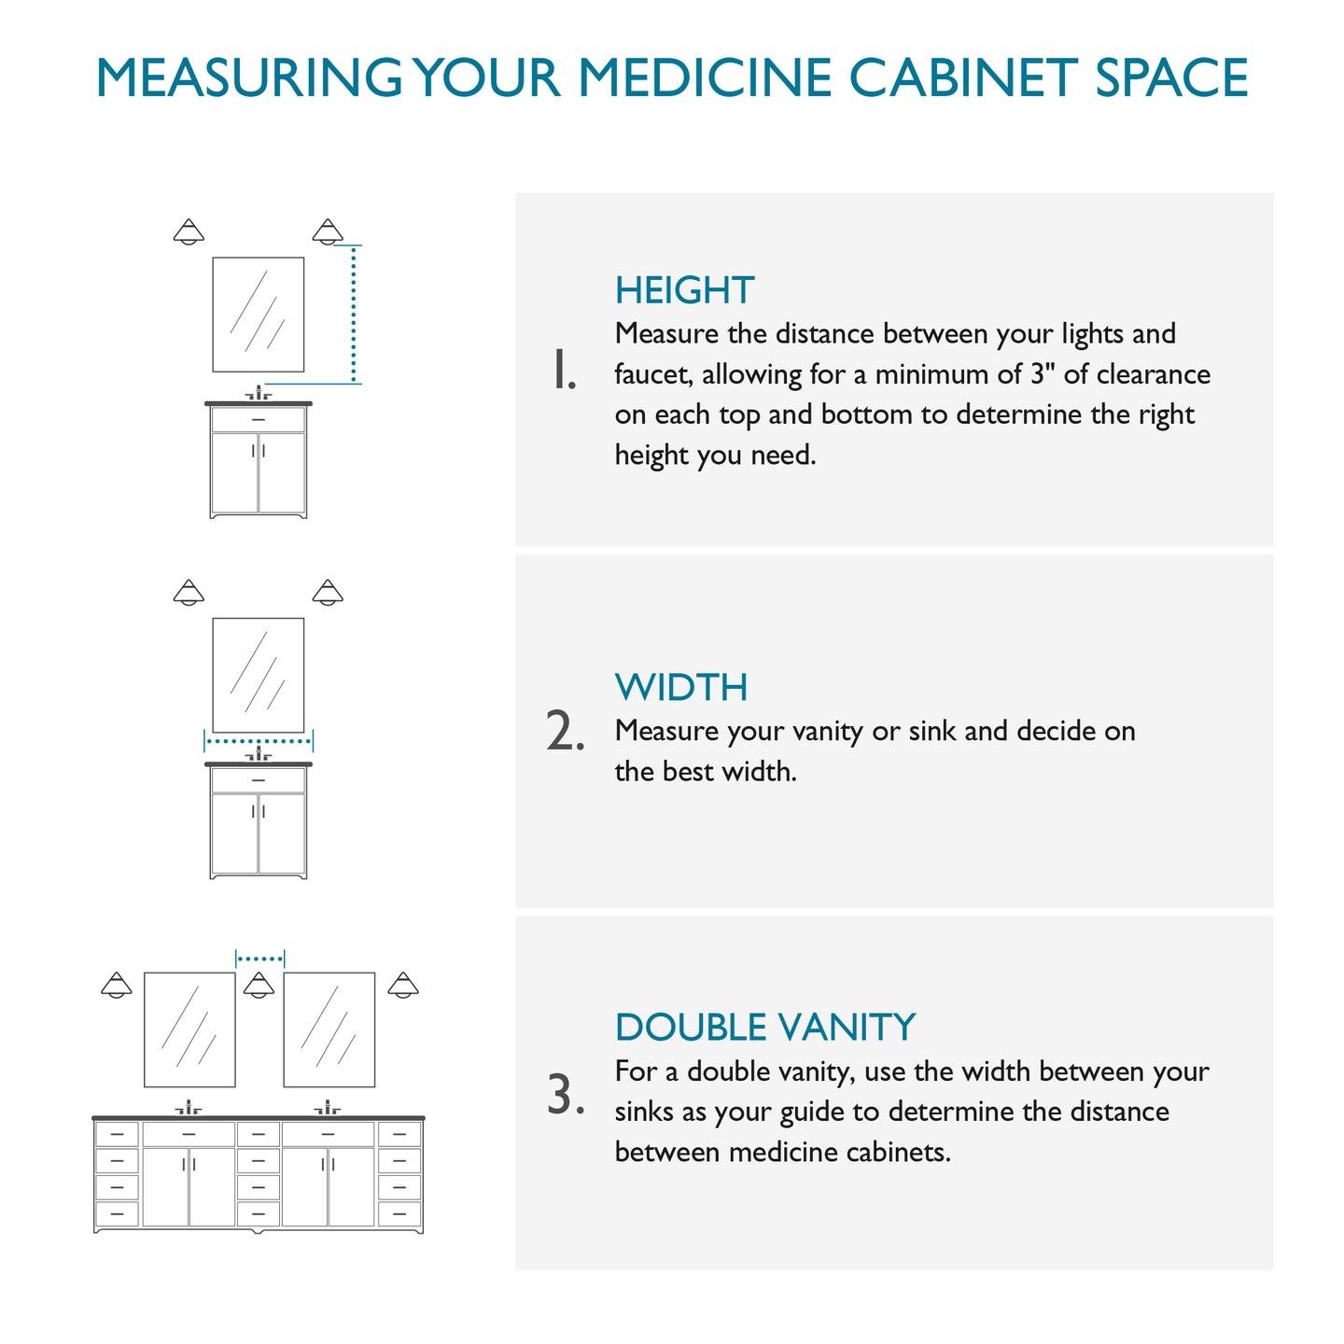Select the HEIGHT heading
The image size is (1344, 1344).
[684, 290]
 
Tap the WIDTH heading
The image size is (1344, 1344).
[681, 687]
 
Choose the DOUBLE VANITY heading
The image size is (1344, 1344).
[765, 1027]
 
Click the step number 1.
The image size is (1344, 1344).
[564, 371]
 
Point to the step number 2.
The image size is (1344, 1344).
[565, 731]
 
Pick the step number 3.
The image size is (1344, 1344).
[565, 1094]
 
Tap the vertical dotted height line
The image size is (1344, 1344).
[354, 315]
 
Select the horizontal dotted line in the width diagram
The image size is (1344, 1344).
[259, 741]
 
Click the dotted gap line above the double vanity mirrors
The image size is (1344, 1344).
[260, 959]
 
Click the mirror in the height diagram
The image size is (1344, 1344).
[259, 315]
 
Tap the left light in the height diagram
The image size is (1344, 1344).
[189, 231]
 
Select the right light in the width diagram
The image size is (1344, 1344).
[328, 593]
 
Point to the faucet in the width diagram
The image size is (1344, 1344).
[259, 753]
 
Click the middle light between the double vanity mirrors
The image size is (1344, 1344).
[259, 985]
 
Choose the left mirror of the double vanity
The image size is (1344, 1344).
[189, 1029]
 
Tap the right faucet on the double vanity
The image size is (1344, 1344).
[328, 1107]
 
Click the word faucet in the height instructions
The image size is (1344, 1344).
[651, 374]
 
